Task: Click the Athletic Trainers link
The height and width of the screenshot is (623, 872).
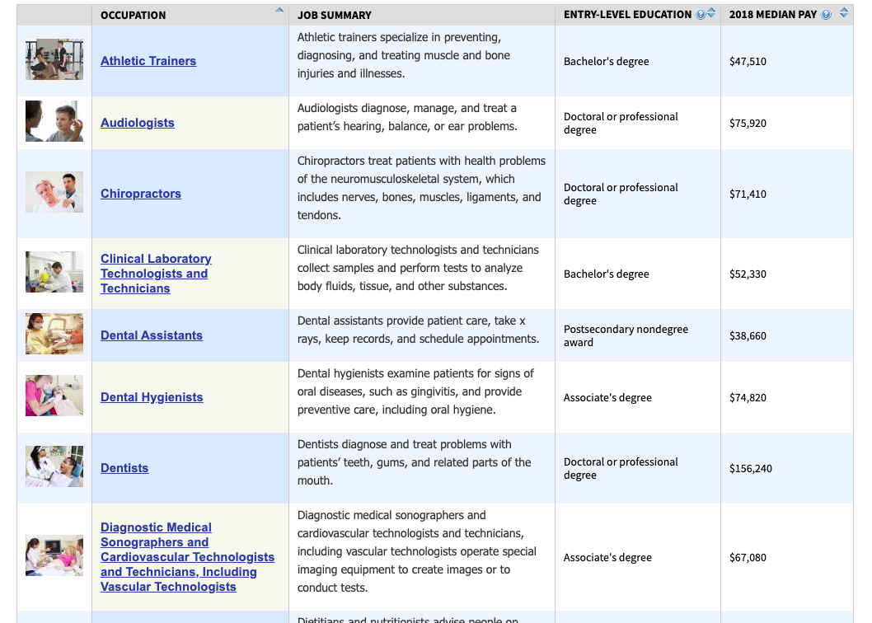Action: pos(148,61)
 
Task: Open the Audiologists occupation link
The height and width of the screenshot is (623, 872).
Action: pos(138,123)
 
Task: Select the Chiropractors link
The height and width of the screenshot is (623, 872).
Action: pos(141,194)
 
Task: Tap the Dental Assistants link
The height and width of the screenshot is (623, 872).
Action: pos(152,335)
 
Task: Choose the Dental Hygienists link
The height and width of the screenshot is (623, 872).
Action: pos(152,397)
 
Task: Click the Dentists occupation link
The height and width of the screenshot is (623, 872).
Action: pos(124,468)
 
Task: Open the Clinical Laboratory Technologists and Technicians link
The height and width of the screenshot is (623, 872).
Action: pos(155,274)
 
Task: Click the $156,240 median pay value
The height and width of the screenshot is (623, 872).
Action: pos(751,468)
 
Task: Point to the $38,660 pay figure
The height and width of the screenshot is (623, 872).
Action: pos(748,335)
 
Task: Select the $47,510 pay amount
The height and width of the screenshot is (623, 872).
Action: pos(748,61)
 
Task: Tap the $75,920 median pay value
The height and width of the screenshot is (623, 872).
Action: pos(748,123)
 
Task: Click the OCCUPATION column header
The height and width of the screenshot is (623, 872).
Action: pos(133,15)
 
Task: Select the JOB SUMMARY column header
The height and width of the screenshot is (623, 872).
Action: pos(335,15)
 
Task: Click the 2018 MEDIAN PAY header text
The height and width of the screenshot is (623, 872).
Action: pos(773,15)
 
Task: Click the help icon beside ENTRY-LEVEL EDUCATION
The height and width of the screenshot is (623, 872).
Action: pos(700,14)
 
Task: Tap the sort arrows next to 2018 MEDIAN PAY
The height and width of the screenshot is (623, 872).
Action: pos(843,14)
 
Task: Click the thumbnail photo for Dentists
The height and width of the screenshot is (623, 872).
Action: pos(54,466)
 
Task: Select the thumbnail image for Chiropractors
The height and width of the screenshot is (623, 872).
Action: pos(54,193)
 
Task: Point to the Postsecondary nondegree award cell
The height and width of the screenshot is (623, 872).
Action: pos(626,335)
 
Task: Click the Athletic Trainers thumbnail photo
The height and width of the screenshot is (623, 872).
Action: pos(54,59)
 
